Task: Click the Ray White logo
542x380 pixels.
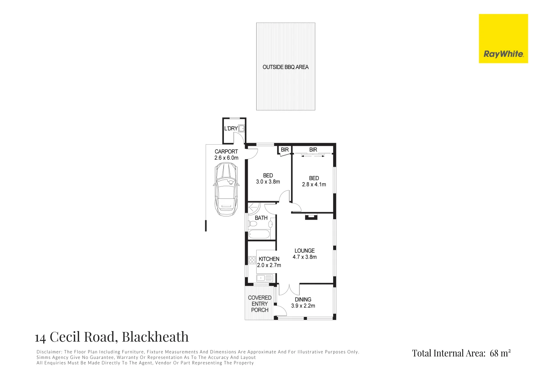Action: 503,39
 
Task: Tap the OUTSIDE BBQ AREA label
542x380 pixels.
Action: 285,67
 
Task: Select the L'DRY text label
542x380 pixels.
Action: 231,128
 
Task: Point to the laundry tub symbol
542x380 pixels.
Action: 241,128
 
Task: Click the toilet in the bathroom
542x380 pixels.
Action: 252,224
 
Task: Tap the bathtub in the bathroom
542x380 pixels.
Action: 259,234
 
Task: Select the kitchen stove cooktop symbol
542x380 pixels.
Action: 252,260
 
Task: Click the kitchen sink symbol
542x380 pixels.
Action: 264,278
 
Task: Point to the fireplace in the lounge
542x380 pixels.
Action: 311,217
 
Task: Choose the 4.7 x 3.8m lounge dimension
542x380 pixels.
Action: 304,257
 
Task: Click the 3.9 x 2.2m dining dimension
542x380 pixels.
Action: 303,306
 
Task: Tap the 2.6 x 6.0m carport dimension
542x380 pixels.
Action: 226,158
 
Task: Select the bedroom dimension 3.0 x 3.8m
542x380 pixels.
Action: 268,182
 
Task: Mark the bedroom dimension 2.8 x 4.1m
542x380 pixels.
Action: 314,184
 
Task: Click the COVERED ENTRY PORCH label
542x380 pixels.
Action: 260,304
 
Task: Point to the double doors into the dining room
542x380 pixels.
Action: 289,289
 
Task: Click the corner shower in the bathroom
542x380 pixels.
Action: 253,208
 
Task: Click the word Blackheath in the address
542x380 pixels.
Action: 155,337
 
